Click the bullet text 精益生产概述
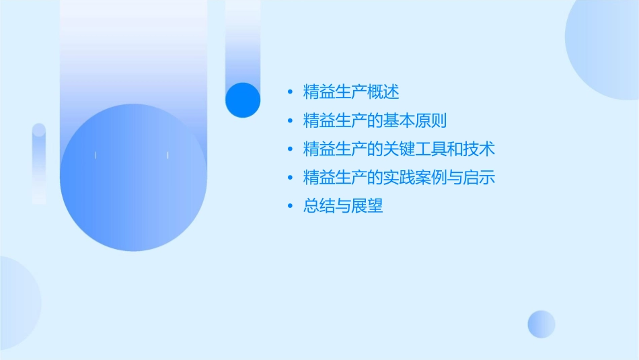[x=351, y=92]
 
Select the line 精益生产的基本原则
[x=375, y=121]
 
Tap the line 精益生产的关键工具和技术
[x=399, y=149]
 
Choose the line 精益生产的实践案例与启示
[x=399, y=178]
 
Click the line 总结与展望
[x=343, y=207]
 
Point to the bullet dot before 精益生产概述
[x=289, y=92]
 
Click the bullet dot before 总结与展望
[x=289, y=207]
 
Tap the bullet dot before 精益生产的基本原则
[x=289, y=121]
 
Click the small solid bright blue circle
[x=243, y=100]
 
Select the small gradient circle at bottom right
[x=541, y=324]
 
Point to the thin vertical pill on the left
[x=39, y=163]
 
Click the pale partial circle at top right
[x=605, y=47]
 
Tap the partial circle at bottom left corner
[x=17, y=303]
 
